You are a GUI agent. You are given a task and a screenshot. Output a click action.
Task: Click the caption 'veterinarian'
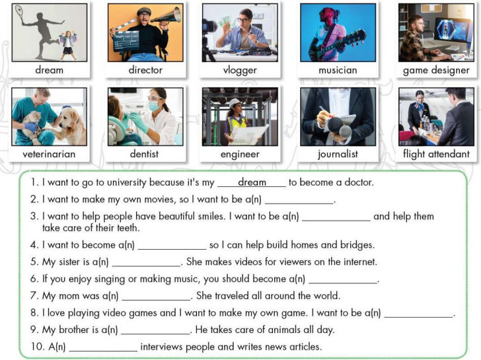point(49,155)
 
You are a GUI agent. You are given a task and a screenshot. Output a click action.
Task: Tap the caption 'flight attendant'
point(436,155)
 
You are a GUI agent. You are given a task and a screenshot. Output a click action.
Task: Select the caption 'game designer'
point(436,70)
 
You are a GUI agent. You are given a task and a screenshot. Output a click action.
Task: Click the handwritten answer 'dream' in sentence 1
point(252,182)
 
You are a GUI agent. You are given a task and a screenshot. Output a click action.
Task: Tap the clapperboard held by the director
point(126,40)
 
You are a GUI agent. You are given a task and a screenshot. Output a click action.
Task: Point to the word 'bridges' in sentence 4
point(355,245)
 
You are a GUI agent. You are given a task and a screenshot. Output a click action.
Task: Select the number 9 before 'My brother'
point(34,330)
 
